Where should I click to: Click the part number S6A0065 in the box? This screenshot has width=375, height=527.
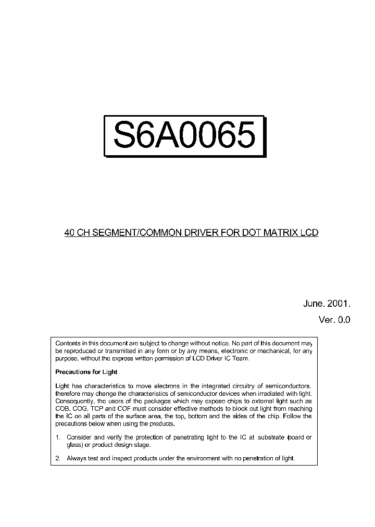pyautogui.click(x=185, y=135)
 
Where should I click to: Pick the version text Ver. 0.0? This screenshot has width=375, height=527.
pyautogui.click(x=334, y=320)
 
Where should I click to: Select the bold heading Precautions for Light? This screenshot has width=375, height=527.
pyautogui.click(x=86, y=372)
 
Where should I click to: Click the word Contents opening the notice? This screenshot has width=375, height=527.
pyautogui.click(x=67, y=344)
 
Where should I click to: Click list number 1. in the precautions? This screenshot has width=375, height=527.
pyautogui.click(x=58, y=437)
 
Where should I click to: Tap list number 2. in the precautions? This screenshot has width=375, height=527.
pyautogui.click(x=58, y=458)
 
